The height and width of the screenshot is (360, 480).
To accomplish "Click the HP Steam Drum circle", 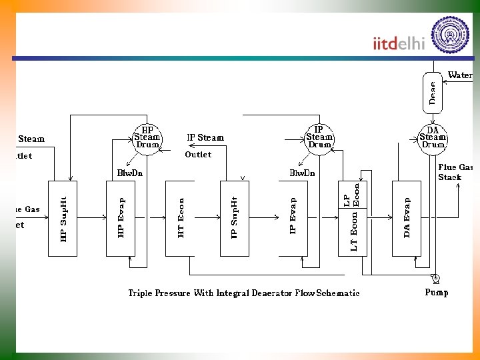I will (x=147, y=139).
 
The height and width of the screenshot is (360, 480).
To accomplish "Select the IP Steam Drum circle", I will (x=319, y=139).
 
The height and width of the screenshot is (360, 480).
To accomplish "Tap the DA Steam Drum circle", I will (x=433, y=139).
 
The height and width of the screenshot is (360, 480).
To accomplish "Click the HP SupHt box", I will (x=63, y=218).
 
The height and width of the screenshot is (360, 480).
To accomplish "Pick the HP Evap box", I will (x=121, y=218).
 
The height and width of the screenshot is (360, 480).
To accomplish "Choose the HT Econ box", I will (x=180, y=218).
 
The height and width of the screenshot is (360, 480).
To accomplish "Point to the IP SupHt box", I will (x=234, y=218).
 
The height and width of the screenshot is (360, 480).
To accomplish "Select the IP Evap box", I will (x=293, y=218).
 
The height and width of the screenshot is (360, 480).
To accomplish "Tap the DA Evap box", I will (x=407, y=218).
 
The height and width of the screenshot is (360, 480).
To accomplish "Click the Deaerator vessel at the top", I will (x=433, y=92).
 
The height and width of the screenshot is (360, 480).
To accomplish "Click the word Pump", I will (x=437, y=292).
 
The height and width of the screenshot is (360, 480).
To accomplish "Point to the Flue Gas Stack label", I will (x=455, y=172).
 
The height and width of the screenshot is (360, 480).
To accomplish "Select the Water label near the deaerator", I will (x=461, y=75).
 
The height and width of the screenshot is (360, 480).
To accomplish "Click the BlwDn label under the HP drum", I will (x=130, y=173).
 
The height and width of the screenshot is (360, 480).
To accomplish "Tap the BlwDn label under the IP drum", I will (x=302, y=173).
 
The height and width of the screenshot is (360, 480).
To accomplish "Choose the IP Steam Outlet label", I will (x=205, y=145).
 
